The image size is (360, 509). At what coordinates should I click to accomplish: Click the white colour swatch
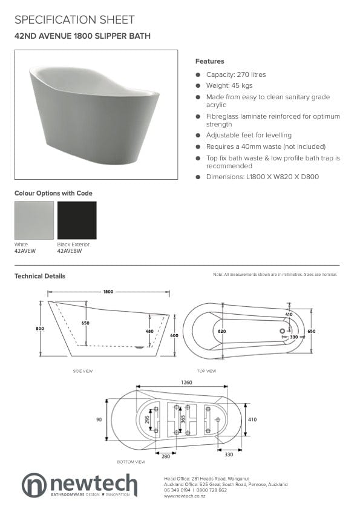tap(34, 220)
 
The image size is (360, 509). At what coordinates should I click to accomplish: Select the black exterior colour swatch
tap(77, 220)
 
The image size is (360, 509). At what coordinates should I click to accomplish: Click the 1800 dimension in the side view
tap(108, 292)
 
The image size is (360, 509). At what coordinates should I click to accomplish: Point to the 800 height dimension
tap(40, 328)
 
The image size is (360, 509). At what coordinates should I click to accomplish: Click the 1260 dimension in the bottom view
tap(186, 382)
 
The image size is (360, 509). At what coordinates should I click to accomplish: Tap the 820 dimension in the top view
tap(221, 331)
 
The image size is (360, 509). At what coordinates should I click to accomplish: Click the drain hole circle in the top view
tap(281, 330)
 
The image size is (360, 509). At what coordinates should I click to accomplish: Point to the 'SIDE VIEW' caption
tap(82, 371)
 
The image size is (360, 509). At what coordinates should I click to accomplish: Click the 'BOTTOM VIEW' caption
tap(131, 462)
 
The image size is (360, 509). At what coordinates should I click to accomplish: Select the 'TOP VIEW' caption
tap(207, 371)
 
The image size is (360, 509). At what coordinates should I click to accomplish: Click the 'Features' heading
tap(209, 61)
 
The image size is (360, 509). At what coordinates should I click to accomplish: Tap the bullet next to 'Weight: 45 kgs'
tap(198, 87)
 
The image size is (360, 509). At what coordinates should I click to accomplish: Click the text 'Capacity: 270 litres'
tap(236, 74)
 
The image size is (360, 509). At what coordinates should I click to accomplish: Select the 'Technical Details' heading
tap(40, 276)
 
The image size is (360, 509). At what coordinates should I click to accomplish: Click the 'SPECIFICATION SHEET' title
tap(74, 21)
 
